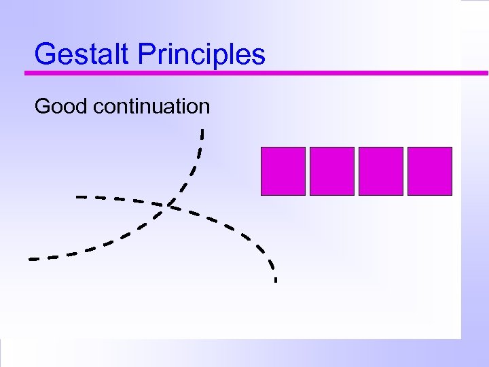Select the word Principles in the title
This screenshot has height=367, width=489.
pyautogui.click(x=202, y=54)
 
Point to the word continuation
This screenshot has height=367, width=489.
pyautogui.click(x=152, y=107)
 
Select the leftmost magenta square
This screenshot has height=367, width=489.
pyautogui.click(x=283, y=171)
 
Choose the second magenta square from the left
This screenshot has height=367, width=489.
pyautogui.click(x=332, y=171)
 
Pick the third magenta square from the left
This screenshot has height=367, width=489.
pyautogui.click(x=381, y=171)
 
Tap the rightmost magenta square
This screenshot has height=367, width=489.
pyautogui.click(x=430, y=171)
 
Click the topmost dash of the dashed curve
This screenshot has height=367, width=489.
pyautogui.click(x=202, y=133)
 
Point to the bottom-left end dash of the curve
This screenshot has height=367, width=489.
pyautogui.click(x=34, y=259)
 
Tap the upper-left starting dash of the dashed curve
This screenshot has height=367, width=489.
pyautogui.click(x=81, y=197)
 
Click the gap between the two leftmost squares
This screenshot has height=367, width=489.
pyautogui.click(x=308, y=171)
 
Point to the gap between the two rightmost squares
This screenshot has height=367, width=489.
pyautogui.click(x=405, y=171)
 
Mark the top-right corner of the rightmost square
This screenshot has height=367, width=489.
pyautogui.click(x=452, y=147)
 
